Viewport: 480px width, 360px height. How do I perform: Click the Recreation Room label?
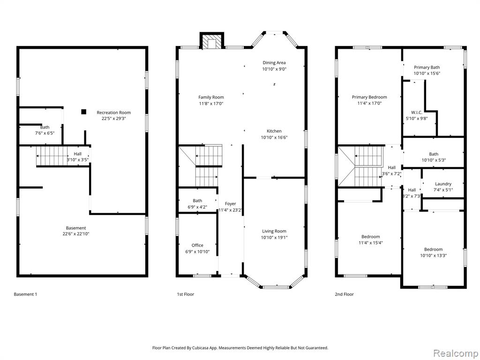(x=113, y=112)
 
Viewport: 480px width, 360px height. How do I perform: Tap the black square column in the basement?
(x=83, y=112)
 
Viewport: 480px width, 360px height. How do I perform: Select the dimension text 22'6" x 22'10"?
(x=76, y=234)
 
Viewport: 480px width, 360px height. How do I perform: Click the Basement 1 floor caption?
(x=25, y=294)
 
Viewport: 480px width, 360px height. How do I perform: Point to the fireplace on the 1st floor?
(x=212, y=40)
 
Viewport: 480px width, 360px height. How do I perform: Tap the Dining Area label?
(x=274, y=63)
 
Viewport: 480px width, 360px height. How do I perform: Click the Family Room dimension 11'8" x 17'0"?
(x=211, y=104)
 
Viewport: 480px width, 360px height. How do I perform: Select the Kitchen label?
(x=274, y=131)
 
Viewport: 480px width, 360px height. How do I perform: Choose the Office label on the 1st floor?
(x=197, y=245)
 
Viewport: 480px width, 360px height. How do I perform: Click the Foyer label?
(x=231, y=203)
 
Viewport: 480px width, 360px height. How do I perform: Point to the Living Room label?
(x=274, y=231)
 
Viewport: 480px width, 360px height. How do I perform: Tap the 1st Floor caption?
(x=186, y=294)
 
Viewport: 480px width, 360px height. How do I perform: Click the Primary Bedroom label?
(x=369, y=97)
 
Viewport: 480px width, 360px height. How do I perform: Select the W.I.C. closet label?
(x=417, y=112)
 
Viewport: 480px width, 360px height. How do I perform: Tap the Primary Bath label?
(x=427, y=67)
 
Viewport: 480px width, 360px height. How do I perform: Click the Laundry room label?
(x=443, y=184)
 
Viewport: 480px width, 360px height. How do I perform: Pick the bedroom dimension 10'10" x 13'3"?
(x=434, y=255)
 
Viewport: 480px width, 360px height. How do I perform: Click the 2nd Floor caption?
(x=344, y=294)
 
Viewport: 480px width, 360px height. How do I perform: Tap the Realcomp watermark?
(x=455, y=353)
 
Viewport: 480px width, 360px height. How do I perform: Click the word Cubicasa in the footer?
(x=202, y=348)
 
